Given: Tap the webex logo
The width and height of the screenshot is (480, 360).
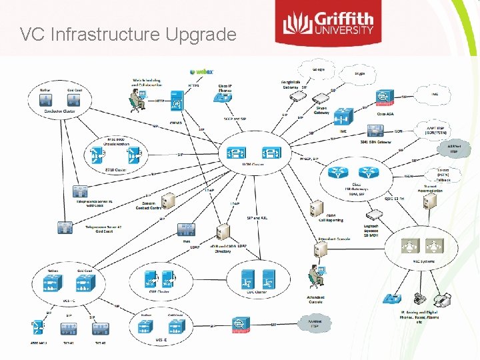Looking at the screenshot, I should click(202, 71).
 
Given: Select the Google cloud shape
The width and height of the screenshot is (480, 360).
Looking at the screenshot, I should click(321, 70).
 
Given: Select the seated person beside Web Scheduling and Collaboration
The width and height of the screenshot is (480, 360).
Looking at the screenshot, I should click(139, 100).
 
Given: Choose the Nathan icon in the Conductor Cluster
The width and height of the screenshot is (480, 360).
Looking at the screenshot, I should click(47, 101).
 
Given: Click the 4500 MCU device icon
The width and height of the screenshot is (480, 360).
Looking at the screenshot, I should click(39, 329).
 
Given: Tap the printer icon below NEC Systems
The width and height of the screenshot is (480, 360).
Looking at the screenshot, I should click(420, 299).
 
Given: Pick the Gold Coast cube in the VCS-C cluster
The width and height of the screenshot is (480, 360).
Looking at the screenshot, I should click(85, 283).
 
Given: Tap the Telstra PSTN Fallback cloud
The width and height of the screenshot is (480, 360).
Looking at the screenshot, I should click(441, 175).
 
